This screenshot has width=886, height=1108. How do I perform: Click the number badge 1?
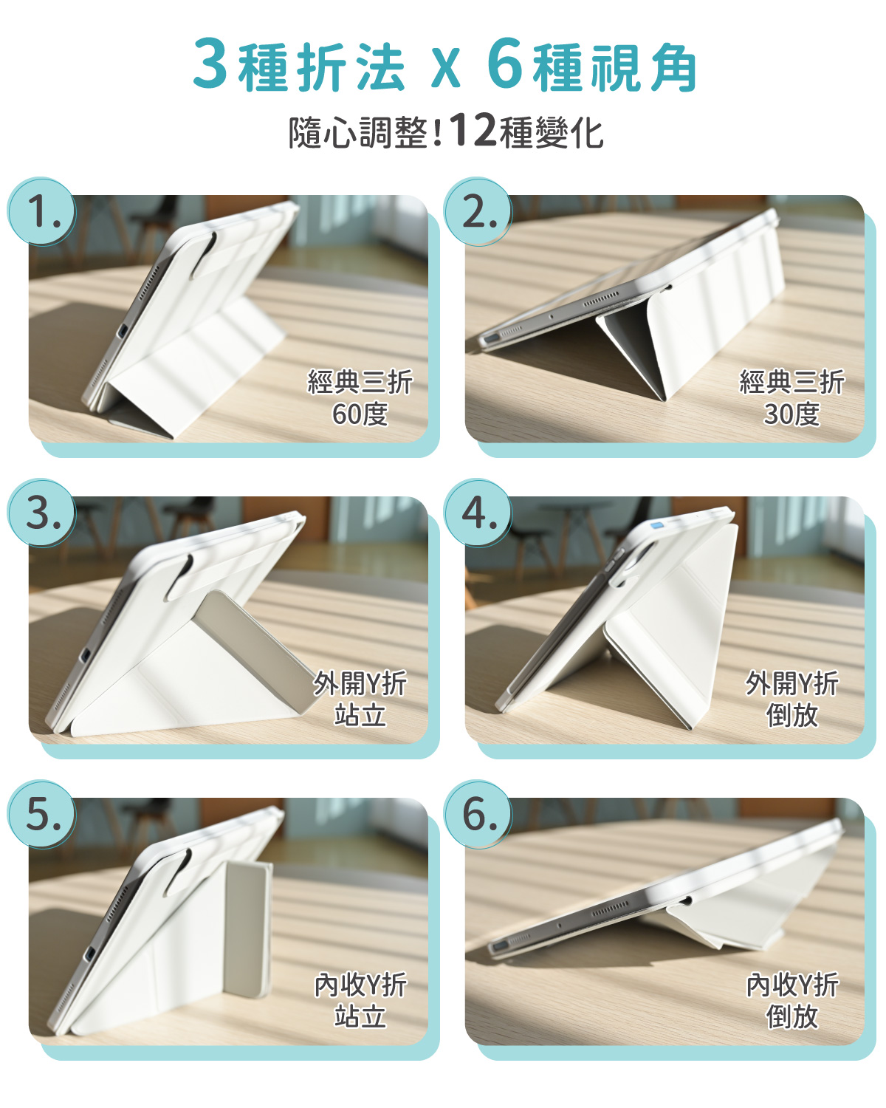point(42,212)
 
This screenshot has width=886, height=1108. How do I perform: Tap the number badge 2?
point(478,212)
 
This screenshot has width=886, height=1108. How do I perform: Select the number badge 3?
point(42,513)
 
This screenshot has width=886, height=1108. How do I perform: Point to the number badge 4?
point(478,513)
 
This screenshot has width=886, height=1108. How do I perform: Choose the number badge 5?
point(42,815)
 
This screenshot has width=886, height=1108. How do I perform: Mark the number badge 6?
point(478,815)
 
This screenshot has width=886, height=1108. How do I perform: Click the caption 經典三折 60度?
point(360,398)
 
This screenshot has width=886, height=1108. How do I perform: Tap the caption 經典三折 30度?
point(791,398)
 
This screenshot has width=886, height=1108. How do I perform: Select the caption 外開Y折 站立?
point(360,699)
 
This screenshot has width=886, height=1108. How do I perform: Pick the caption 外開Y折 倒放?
point(791,699)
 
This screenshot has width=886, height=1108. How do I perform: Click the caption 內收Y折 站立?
point(360,1000)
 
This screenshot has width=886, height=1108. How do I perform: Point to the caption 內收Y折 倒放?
point(791,1000)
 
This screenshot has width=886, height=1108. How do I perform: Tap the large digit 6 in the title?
point(505,65)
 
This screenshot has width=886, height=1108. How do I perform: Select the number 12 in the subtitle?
point(473,131)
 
